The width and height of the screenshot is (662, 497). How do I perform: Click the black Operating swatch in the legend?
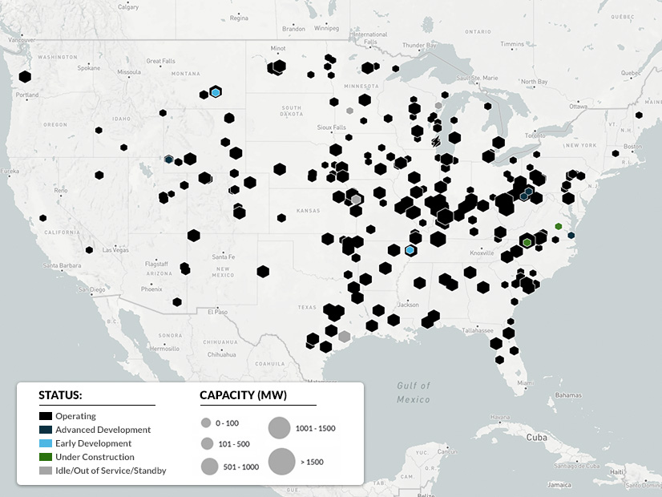pyautogui.click(x=46, y=416)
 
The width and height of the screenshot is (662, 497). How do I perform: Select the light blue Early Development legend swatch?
pyautogui.click(x=46, y=443)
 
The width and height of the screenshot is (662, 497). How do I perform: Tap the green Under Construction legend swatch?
pyautogui.click(x=46, y=457)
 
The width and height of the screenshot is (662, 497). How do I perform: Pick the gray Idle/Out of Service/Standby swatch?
pyautogui.click(x=46, y=471)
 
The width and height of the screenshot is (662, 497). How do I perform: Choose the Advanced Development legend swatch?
pyautogui.click(x=46, y=430)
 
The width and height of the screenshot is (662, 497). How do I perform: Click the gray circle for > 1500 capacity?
pyautogui.click(x=281, y=462)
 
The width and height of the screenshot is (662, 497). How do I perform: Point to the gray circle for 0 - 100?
pyautogui.click(x=206, y=422)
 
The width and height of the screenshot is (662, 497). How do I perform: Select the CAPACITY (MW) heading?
pyautogui.click(x=243, y=395)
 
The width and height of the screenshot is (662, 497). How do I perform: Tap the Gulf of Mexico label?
pyautogui.click(x=414, y=392)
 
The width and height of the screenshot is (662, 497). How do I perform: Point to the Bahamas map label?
pyautogui.click(x=568, y=395)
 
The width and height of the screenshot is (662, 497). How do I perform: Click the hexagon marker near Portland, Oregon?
pyautogui.click(x=25, y=77)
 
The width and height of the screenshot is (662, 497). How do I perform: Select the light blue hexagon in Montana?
pyautogui.click(x=216, y=93)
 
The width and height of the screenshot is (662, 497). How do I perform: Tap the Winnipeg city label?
pyautogui.click(x=326, y=28)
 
